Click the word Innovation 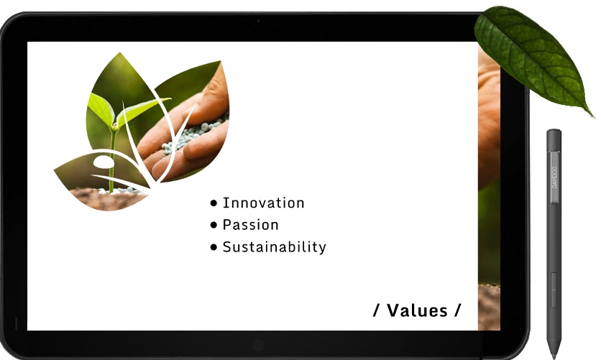(x=264, y=203)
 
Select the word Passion (x=251, y=225)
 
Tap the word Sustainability (x=275, y=247)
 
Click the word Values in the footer (x=417, y=310)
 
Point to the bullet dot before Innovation (x=214, y=203)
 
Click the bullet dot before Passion (x=214, y=225)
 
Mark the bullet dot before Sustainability (x=214, y=247)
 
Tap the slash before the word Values (x=377, y=310)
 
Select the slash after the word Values (x=458, y=310)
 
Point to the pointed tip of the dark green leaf (x=592, y=116)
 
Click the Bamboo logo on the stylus (x=554, y=177)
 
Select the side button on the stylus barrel (x=554, y=290)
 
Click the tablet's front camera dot (x=258, y=21)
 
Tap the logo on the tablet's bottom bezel (x=258, y=346)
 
